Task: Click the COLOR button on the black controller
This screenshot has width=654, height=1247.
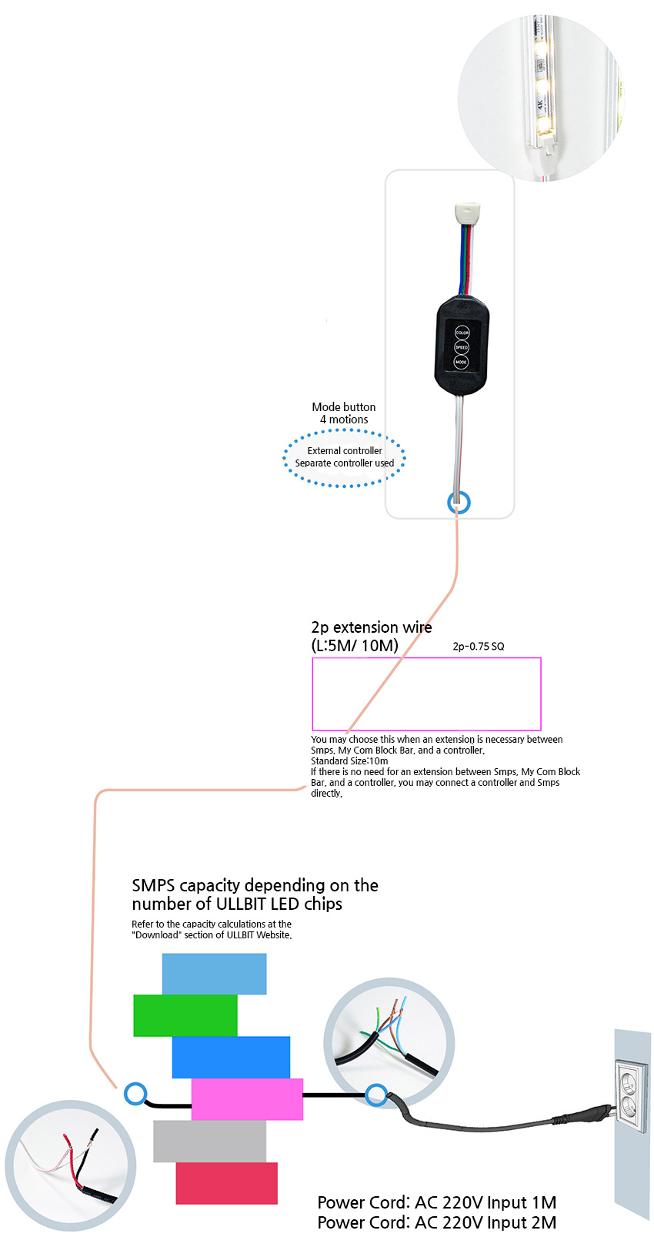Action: pos(462,333)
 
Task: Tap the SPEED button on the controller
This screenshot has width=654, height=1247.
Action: pos(462,347)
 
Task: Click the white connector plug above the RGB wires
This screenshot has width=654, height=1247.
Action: pos(468,213)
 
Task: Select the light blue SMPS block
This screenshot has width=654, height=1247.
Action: pos(215,974)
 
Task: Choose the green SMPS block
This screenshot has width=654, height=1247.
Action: pos(185,1015)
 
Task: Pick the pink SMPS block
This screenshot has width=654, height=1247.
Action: pos(247,1099)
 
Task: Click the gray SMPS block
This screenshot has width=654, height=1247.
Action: pos(210,1142)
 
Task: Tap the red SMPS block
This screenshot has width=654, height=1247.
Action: pos(226,1183)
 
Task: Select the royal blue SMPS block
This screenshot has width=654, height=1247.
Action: pos(231,1057)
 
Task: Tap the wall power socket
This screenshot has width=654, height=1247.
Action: pos(632,1089)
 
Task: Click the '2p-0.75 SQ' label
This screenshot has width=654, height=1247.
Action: pos(479,647)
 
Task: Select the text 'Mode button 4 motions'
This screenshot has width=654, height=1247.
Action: pos(344,413)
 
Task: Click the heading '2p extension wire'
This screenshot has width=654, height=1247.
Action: pos(372,627)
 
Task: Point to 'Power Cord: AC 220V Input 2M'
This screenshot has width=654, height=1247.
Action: pos(437,1222)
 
